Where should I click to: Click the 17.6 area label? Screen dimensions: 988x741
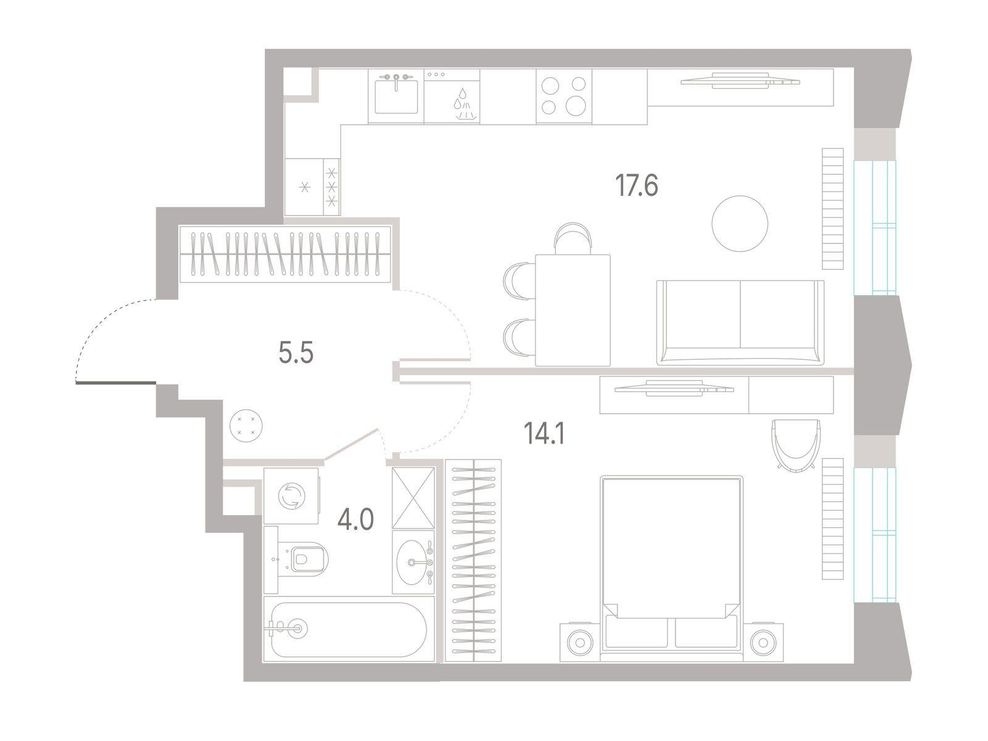pos(637,186)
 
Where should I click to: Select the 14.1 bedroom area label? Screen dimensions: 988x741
pos(544,433)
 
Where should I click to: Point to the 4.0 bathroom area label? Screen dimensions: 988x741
pos(356,519)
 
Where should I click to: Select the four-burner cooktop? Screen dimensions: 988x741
pos(564,96)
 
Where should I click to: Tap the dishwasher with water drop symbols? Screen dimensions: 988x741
pos(451,96)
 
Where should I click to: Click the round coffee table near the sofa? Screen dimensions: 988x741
pos(740,223)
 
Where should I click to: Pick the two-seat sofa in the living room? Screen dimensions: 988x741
pos(740,322)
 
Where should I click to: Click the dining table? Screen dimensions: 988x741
pos(572,311)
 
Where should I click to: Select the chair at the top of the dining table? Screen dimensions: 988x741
pos(572,238)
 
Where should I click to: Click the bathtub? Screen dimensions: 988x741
pos(348,629)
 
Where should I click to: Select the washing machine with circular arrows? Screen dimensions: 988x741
pos(291,496)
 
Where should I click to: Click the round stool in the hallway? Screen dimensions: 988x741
pos(246,425)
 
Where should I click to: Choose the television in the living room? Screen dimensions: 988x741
pos(740,80)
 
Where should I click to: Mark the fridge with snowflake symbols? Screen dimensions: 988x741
pos(312,186)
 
